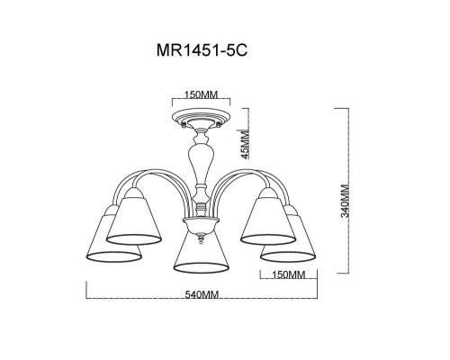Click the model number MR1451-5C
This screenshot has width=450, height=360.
(202, 50)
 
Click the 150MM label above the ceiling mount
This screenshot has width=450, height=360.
(201, 94)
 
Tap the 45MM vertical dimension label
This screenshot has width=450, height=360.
(246, 144)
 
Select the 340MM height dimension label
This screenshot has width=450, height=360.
(346, 201)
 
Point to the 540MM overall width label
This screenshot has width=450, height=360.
(202, 295)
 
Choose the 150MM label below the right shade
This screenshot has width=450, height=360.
(288, 274)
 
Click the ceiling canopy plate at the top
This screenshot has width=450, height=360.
(201, 116)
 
